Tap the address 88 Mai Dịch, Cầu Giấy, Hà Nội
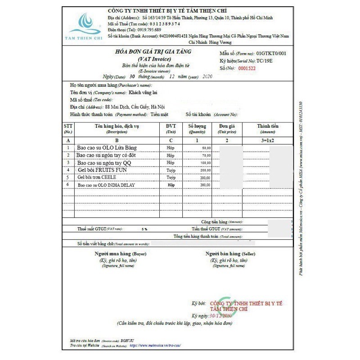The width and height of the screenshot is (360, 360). (135, 107)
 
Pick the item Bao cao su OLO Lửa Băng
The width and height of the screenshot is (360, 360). (107, 148)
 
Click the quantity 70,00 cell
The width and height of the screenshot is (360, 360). (206, 155)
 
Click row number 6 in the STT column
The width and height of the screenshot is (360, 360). (68, 185)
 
